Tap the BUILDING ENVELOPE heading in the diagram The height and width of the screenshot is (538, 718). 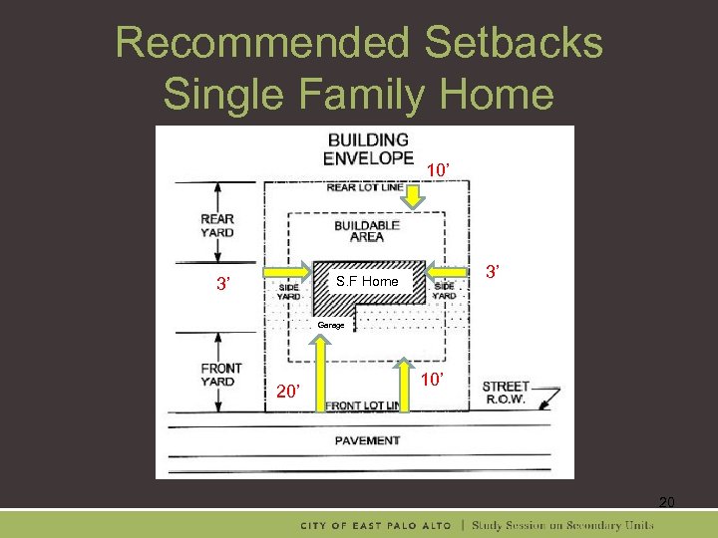pyautogui.click(x=368, y=148)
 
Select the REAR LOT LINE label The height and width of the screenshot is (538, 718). pyautogui.click(x=365, y=187)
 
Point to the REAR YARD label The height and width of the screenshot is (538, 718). pyautogui.click(x=216, y=226)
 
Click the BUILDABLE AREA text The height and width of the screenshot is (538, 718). pyautogui.click(x=366, y=231)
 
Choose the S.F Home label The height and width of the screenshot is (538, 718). pyautogui.click(x=367, y=282)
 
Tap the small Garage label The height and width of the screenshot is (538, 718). pyautogui.click(x=331, y=326)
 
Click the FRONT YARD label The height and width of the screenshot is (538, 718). pyautogui.click(x=220, y=375)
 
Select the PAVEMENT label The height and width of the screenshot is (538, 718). pyautogui.click(x=367, y=440)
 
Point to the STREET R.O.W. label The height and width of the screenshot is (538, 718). pyautogui.click(x=506, y=393)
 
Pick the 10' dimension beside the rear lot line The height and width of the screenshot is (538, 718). pyautogui.click(x=437, y=170)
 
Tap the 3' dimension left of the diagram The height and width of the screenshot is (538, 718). pyautogui.click(x=227, y=284)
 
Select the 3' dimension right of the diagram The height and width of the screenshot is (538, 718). pyautogui.click(x=493, y=272)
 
